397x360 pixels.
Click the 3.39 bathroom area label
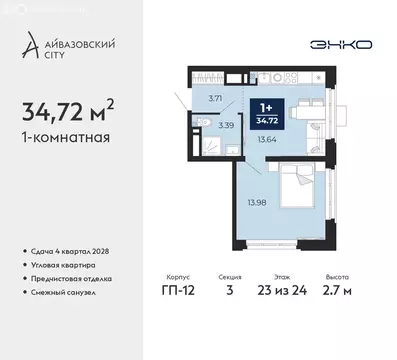pyautogui.click(x=227, y=126)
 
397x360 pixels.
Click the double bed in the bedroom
pyautogui.click(x=276, y=192)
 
